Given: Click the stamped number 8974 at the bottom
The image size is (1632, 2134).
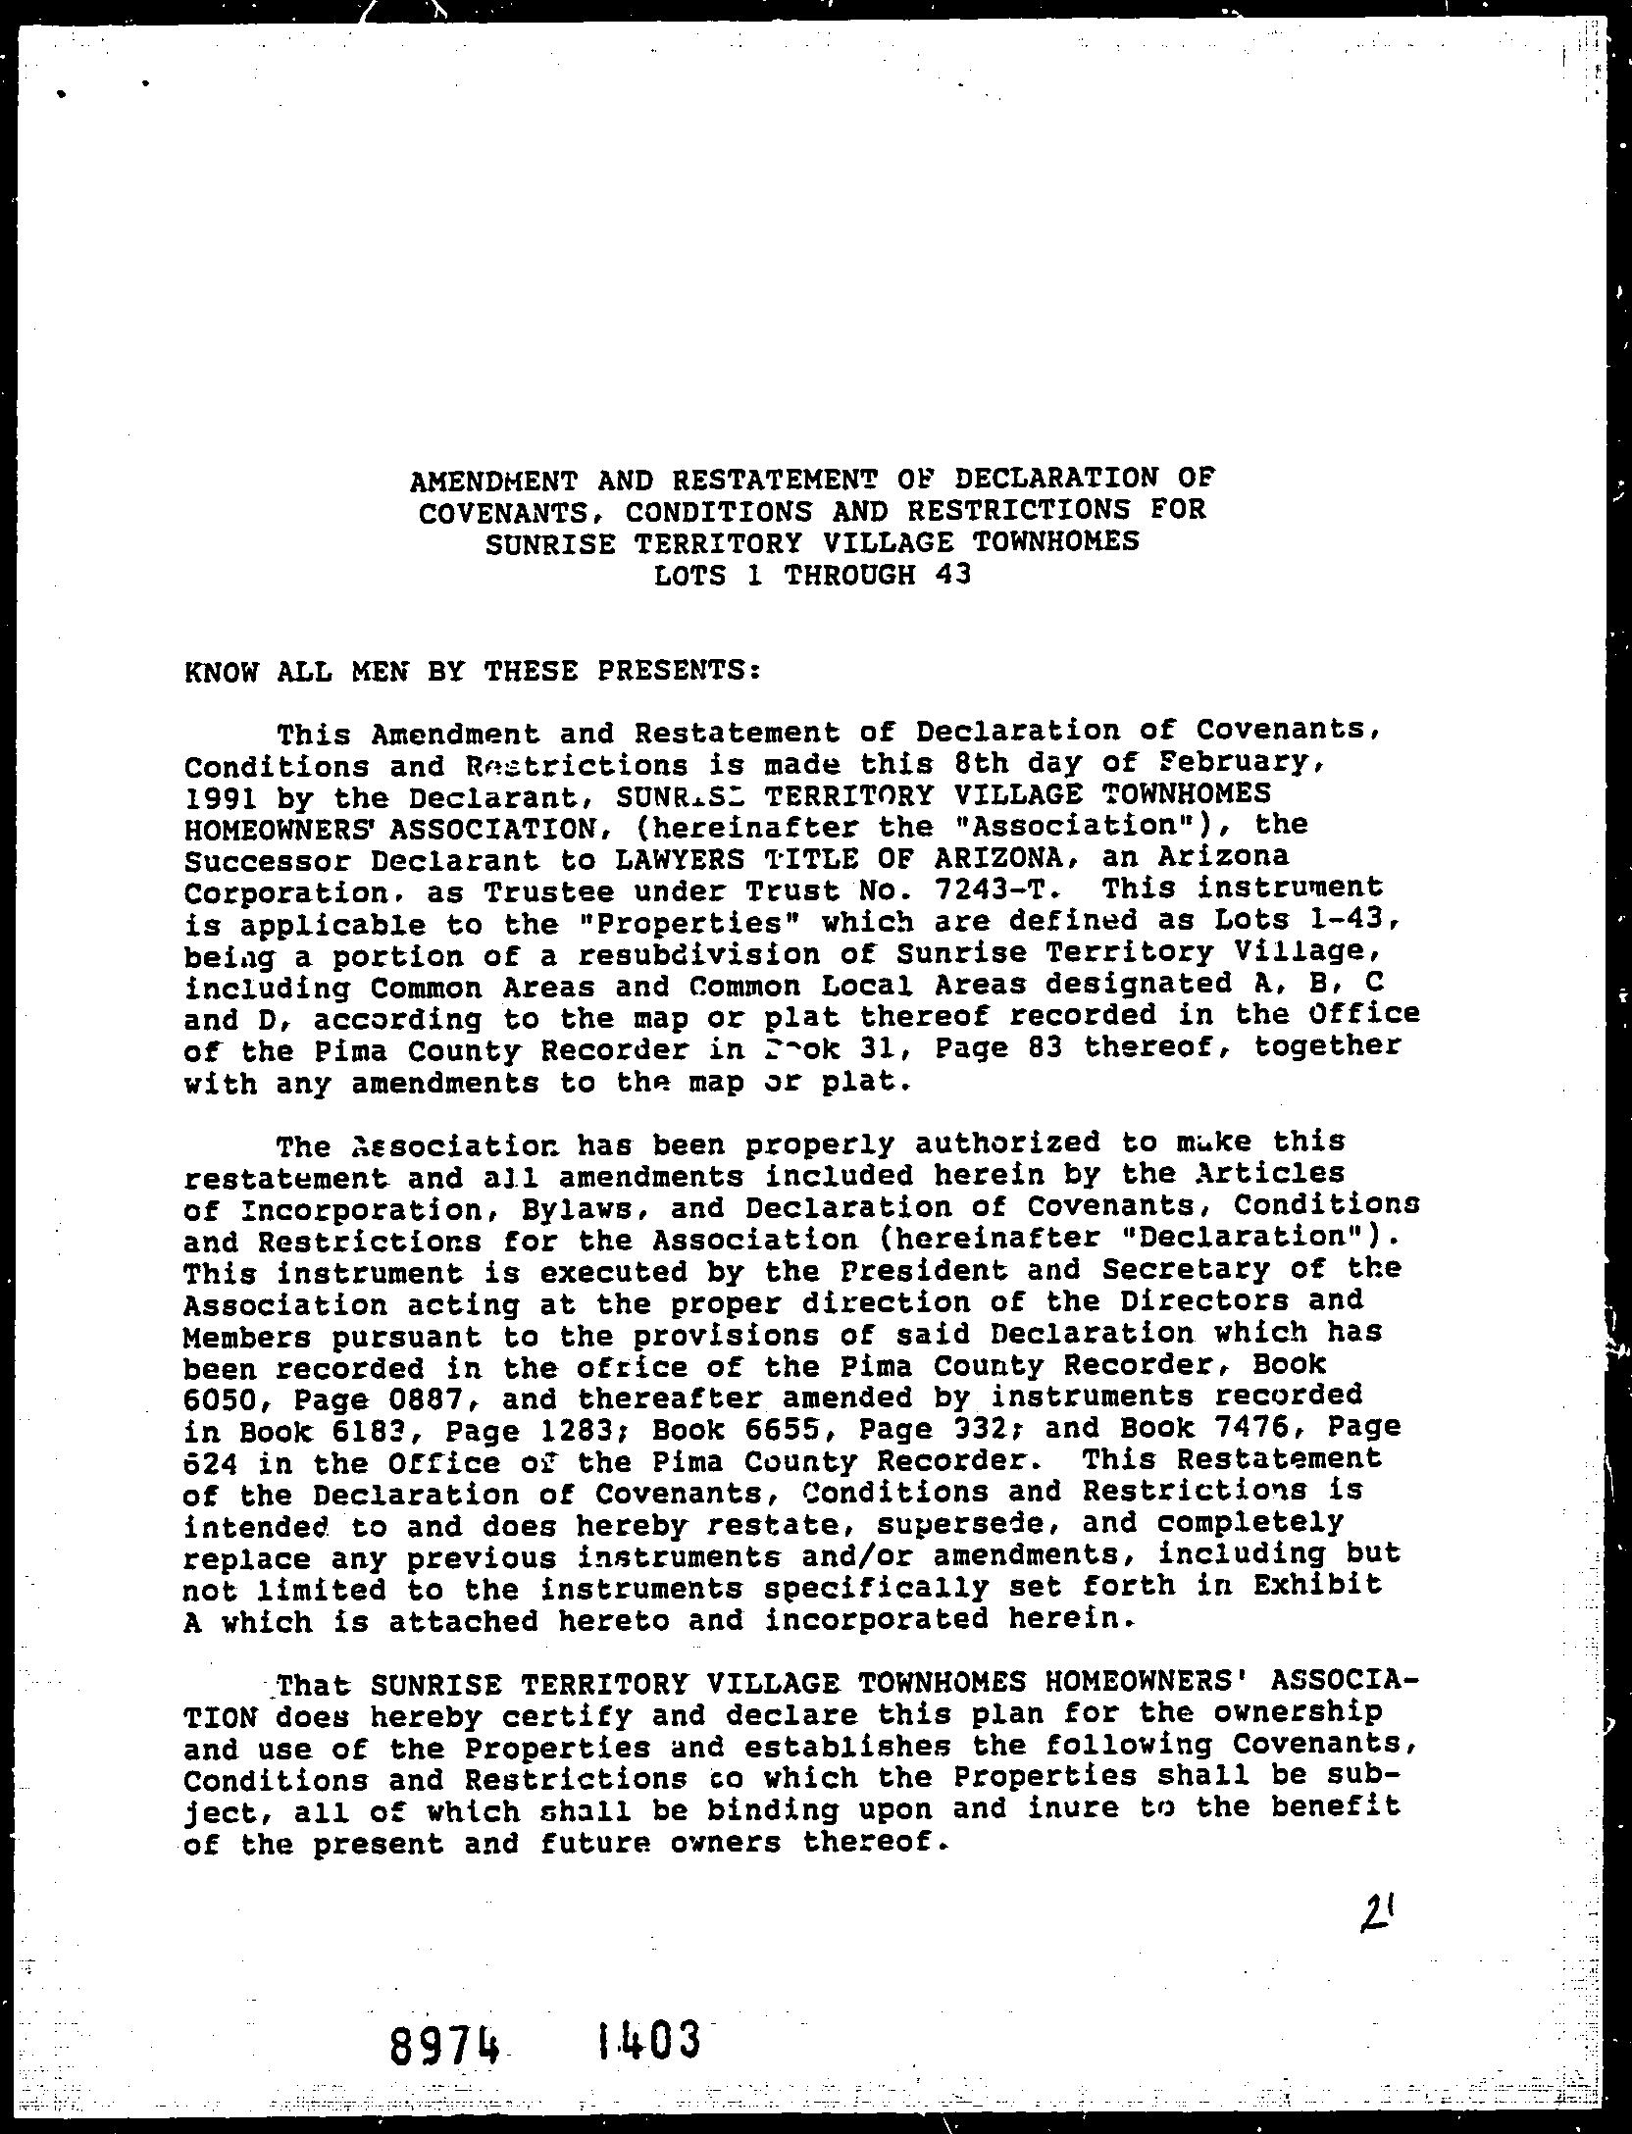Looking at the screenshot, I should click(447, 2043).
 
